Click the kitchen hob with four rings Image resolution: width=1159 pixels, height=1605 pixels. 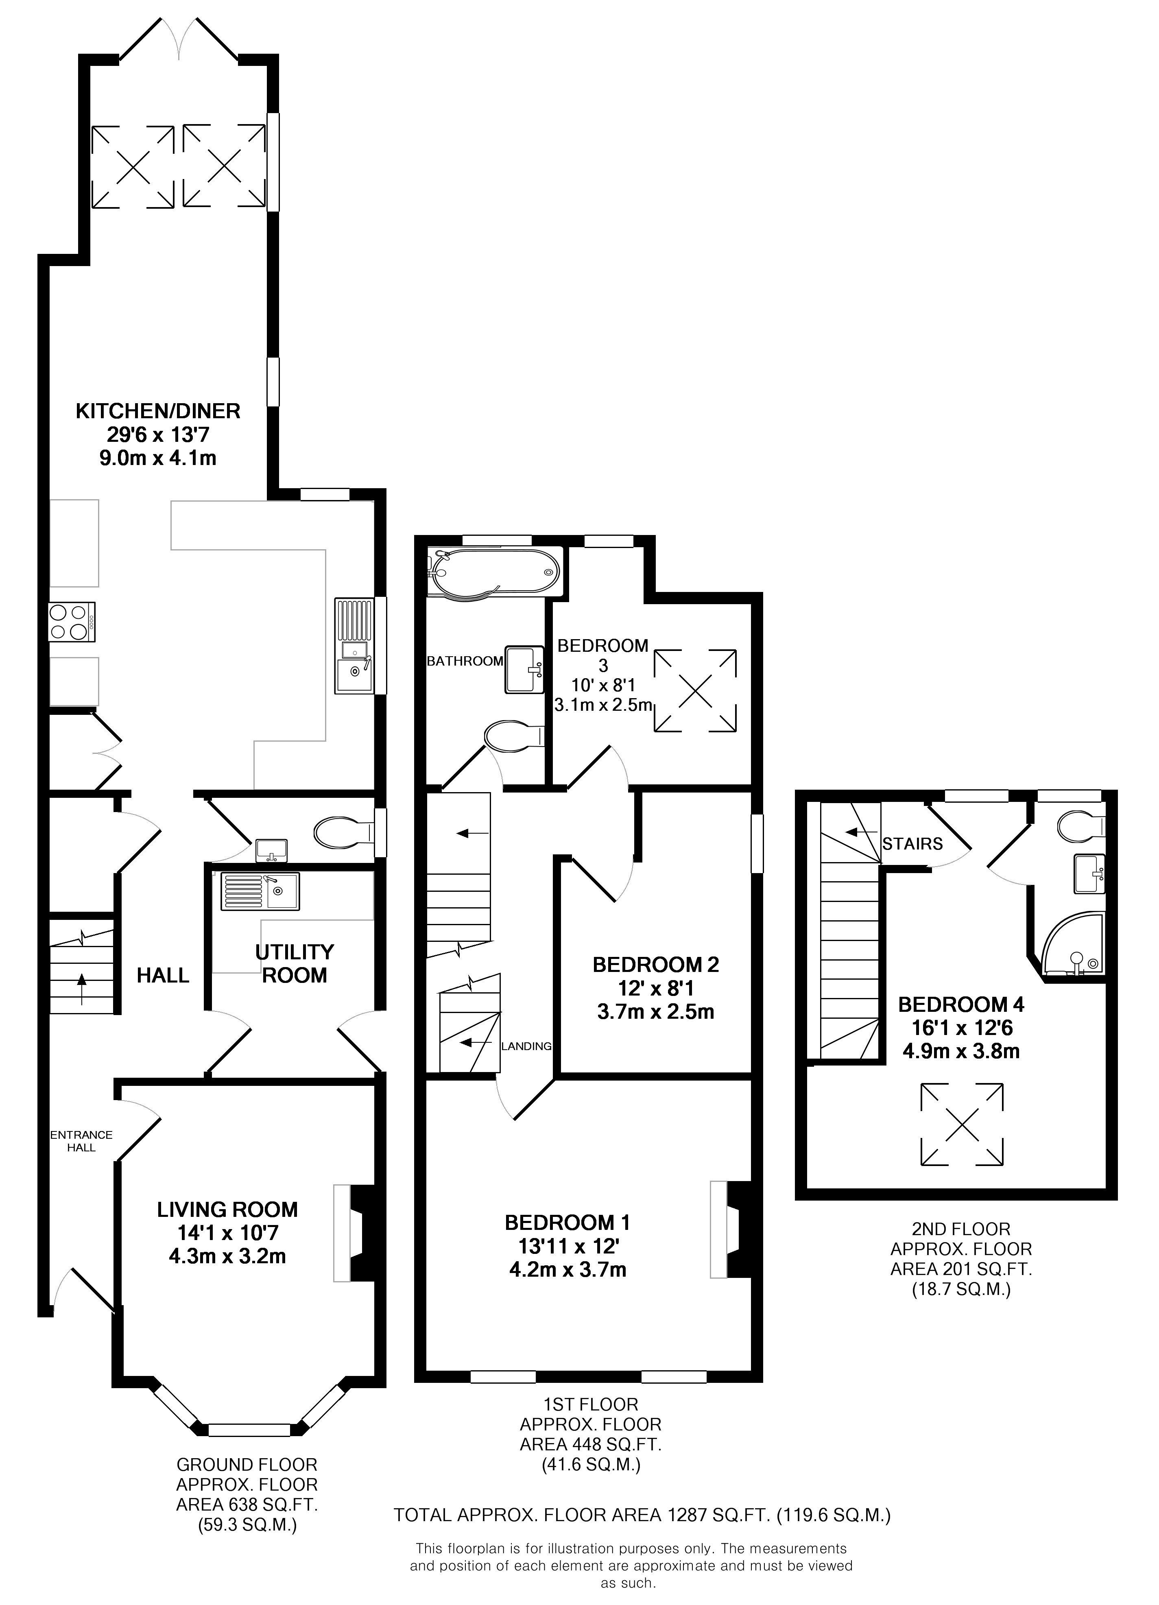[x=72, y=622]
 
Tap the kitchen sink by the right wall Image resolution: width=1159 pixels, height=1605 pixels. [x=354, y=645]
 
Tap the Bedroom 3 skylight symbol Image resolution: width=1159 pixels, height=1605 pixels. [x=695, y=690]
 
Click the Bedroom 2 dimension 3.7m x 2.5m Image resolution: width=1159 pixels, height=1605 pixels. [x=656, y=1012]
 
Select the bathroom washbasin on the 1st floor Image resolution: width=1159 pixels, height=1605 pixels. [x=524, y=668]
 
